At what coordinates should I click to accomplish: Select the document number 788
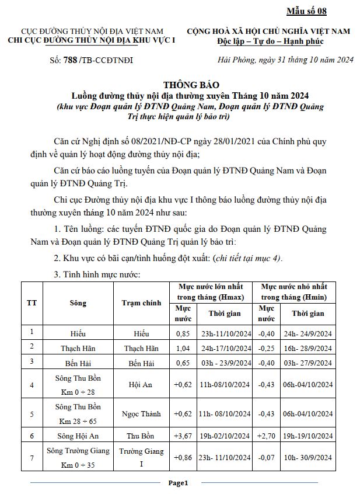pyautogui.click(x=70, y=60)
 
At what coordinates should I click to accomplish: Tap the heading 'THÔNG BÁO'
pyautogui.click(x=180, y=85)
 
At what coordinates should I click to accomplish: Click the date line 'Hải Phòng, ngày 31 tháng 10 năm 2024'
pyautogui.click(x=285, y=60)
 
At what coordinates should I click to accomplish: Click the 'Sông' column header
pyautogui.click(x=78, y=303)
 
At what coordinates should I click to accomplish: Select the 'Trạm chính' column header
pyautogui.click(x=141, y=303)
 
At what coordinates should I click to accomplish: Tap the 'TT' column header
pyautogui.click(x=32, y=303)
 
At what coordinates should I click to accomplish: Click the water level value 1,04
pyautogui.click(x=183, y=349)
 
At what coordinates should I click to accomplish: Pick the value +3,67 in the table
pyautogui.click(x=183, y=436)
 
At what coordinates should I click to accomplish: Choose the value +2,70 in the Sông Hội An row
pyautogui.click(x=267, y=436)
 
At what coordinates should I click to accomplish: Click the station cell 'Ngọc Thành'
pyautogui.click(x=141, y=414)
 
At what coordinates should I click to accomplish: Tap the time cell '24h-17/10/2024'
pyautogui.click(x=225, y=349)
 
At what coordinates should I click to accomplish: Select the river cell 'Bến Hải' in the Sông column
pyautogui.click(x=78, y=363)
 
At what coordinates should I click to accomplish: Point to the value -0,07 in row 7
pyautogui.click(x=267, y=458)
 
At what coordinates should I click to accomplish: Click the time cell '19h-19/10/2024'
pyautogui.click(x=307, y=436)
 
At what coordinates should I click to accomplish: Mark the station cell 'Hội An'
pyautogui.click(x=141, y=384)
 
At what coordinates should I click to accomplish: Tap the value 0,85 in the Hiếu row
pyautogui.click(x=183, y=334)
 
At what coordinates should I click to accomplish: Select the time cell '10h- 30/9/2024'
pyautogui.click(x=307, y=458)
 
